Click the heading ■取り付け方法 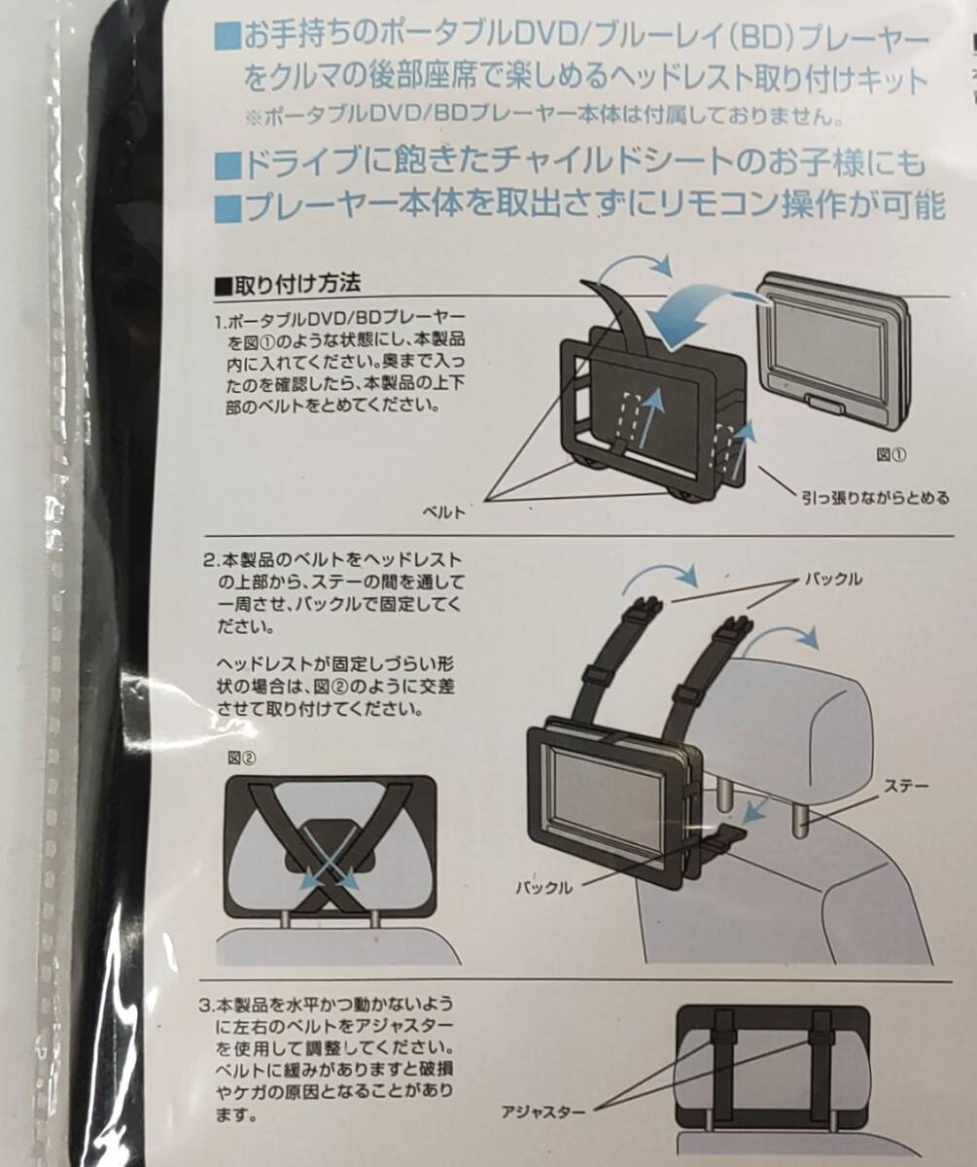(x=288, y=285)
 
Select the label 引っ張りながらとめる (x=875, y=497)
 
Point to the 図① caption (x=891, y=455)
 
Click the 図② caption (x=242, y=758)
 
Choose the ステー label (x=906, y=786)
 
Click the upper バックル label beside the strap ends (x=833, y=579)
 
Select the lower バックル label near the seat (x=544, y=887)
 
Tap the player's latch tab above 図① (x=825, y=404)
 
